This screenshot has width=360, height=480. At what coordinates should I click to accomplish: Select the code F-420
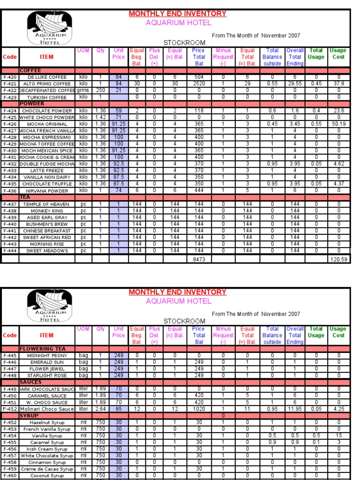(x=10, y=77)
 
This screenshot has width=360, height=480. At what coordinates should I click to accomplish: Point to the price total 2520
(x=199, y=84)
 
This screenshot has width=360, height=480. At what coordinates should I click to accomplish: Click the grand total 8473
(x=199, y=259)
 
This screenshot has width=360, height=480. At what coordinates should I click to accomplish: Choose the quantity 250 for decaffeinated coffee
(x=100, y=90)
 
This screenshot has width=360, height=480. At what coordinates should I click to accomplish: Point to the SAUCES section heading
(x=31, y=382)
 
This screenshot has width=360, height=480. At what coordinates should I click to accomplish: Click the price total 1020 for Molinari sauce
(x=199, y=409)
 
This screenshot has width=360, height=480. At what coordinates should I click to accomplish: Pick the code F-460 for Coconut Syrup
(x=10, y=475)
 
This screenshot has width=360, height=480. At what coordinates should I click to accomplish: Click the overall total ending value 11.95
(x=295, y=409)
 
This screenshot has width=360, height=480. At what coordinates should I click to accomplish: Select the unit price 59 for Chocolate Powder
(x=119, y=111)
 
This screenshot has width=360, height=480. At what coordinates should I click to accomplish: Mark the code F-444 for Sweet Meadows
(x=10, y=251)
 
